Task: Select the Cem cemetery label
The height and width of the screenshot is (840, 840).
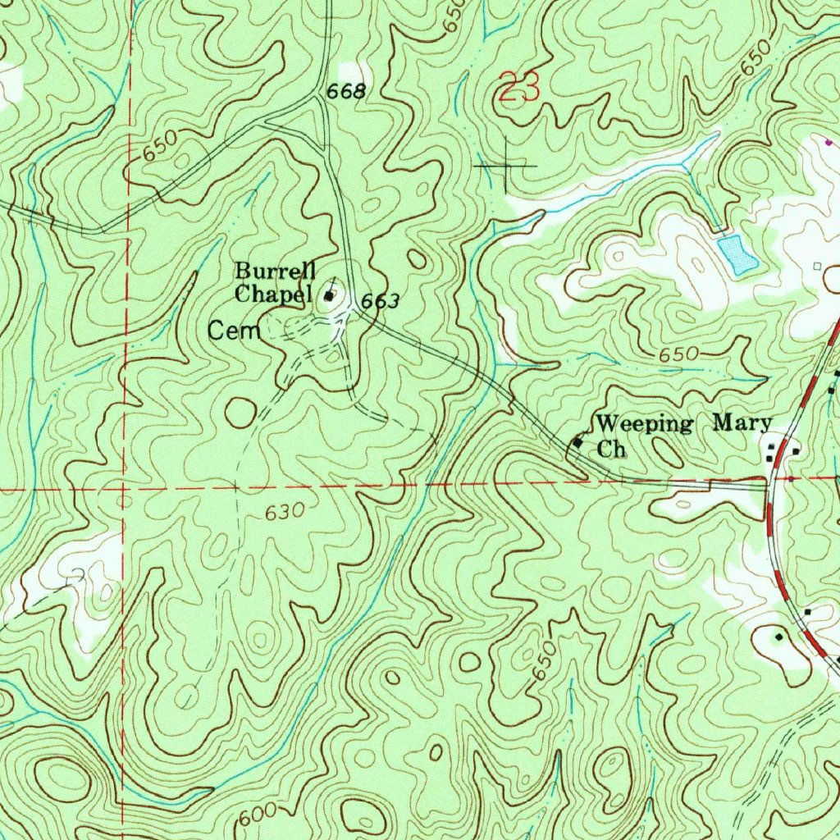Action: tap(234, 331)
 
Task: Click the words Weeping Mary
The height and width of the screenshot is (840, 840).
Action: tap(683, 424)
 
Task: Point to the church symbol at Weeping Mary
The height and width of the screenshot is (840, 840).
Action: tap(577, 442)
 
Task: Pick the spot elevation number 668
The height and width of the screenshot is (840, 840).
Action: tap(345, 92)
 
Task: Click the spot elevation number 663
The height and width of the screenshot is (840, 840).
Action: tap(381, 302)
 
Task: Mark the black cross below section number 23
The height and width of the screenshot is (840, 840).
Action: tap(506, 165)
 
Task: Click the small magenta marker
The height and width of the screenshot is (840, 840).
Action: tap(829, 141)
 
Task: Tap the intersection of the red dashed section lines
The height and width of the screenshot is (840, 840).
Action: tap(123, 489)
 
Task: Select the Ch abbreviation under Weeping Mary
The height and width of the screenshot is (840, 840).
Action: tap(611, 450)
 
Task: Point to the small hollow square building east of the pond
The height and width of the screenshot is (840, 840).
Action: tap(816, 267)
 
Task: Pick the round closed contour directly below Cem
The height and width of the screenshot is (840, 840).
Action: tap(240, 413)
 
